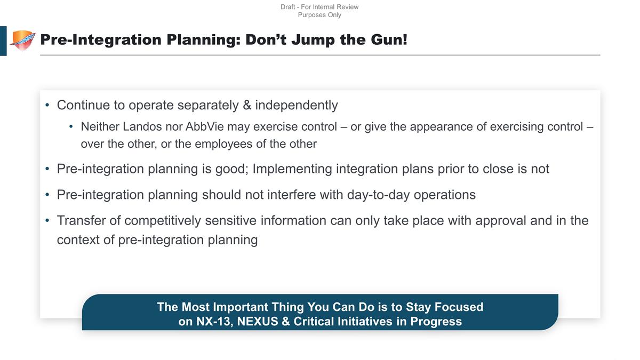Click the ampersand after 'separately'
[x=247, y=105]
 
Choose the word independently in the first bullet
[x=297, y=105]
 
